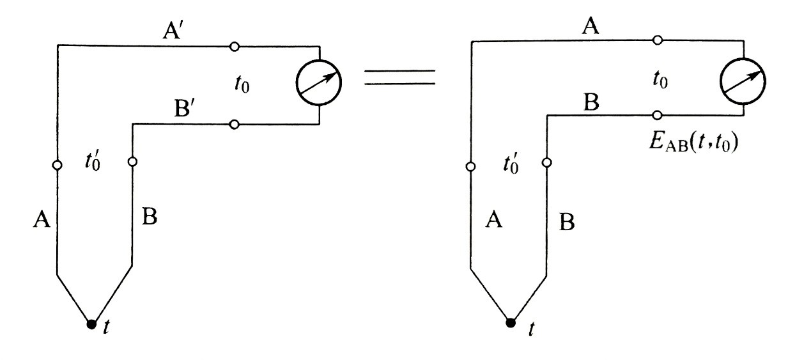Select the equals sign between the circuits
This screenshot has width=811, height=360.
click(x=400, y=77)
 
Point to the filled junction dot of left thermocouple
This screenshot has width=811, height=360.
click(x=91, y=324)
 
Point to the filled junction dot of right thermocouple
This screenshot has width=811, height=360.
click(x=510, y=322)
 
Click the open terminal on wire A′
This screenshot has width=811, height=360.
click(x=235, y=47)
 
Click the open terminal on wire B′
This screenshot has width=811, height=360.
click(x=235, y=124)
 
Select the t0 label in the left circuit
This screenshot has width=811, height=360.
click(x=242, y=85)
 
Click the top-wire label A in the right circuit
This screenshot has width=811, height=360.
click(x=593, y=26)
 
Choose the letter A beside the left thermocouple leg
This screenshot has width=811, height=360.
click(x=42, y=221)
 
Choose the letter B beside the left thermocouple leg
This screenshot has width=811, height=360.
click(x=150, y=218)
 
